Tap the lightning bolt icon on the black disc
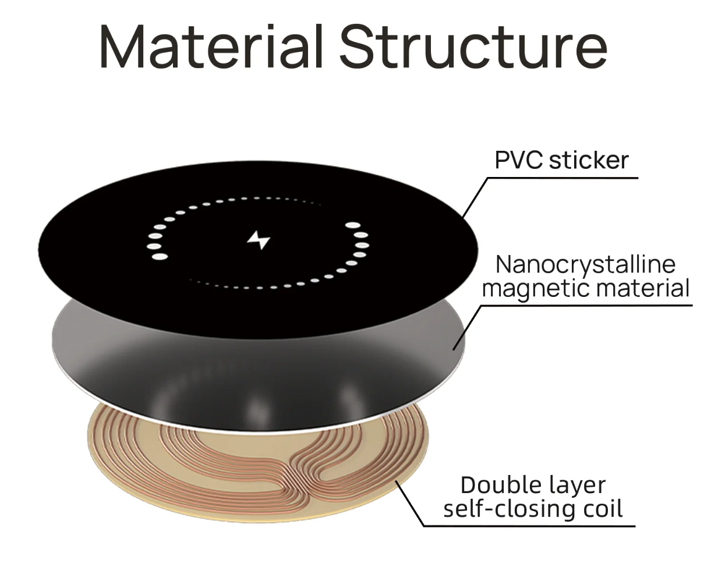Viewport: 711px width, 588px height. point(259,239)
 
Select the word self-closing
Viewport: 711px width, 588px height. point(503,509)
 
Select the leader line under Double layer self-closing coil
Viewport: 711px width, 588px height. point(524,526)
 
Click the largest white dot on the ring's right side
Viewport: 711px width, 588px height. point(353,225)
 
